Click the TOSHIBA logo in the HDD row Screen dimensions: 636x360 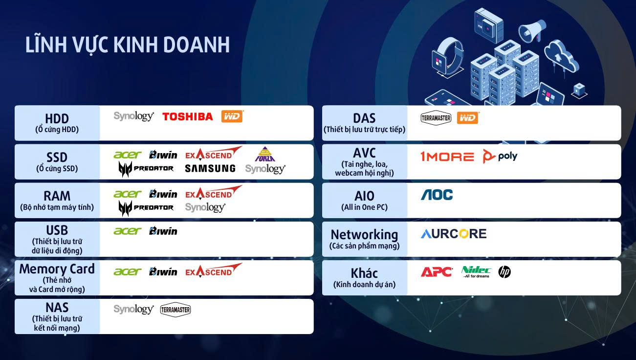pyautogui.click(x=187, y=116)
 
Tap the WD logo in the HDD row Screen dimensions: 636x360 pyautogui.click(x=232, y=116)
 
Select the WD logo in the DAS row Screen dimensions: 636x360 pyautogui.click(x=468, y=118)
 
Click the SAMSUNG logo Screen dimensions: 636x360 pyautogui.click(x=210, y=168)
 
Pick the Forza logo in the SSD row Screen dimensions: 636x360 pyautogui.click(x=265, y=154)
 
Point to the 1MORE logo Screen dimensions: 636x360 pyautogui.click(x=447, y=156)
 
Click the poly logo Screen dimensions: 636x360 pyautogui.click(x=500, y=156)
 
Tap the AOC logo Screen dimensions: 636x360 pyautogui.click(x=437, y=195)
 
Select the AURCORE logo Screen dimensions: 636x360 pyautogui.click(x=454, y=233)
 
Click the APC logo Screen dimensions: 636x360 pyautogui.click(x=437, y=272)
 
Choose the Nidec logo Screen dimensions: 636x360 pyautogui.click(x=476, y=271)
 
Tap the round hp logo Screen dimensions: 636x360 pyautogui.click(x=504, y=272)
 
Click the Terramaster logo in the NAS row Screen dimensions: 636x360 pyautogui.click(x=175, y=310)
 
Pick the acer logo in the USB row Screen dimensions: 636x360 pyautogui.click(x=127, y=231)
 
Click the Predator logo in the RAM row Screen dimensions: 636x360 pyautogui.click(x=146, y=208)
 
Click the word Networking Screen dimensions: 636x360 pyautogui.click(x=364, y=234)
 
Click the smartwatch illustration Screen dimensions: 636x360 pyautogui.click(x=447, y=57)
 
